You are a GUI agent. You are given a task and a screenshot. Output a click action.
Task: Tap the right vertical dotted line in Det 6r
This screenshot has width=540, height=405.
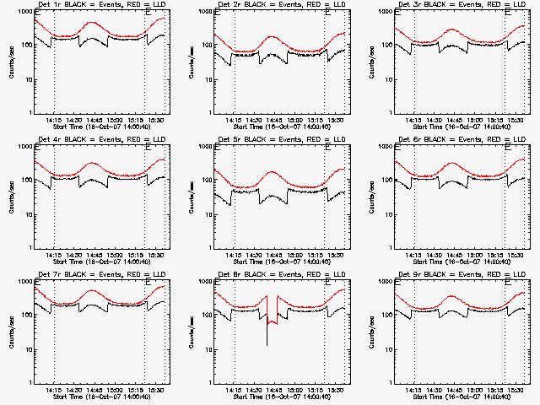coord(505,202)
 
